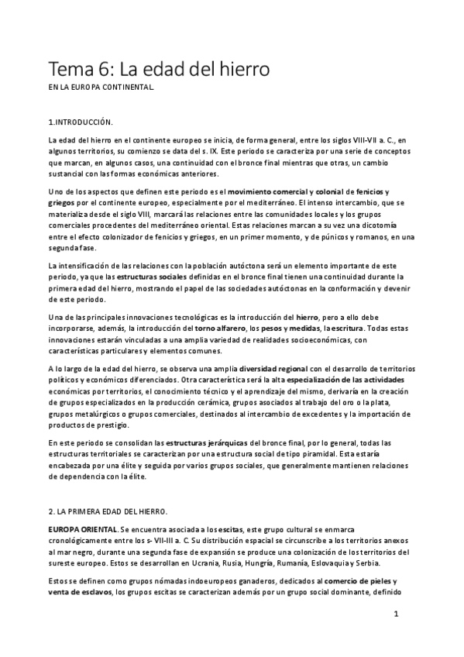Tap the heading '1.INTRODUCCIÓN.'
[x=81, y=122]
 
